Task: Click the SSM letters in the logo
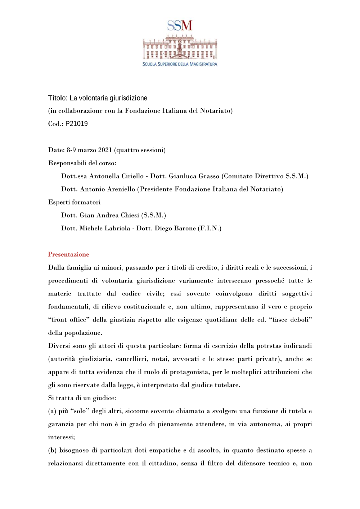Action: click(x=180, y=26)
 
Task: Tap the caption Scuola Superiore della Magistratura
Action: click(x=180, y=64)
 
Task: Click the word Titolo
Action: click(x=57, y=98)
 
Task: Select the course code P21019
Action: click(x=76, y=124)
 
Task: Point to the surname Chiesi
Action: click(x=130, y=215)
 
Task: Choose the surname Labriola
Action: click(x=116, y=228)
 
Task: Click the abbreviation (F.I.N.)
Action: click(x=210, y=228)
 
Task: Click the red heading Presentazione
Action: click(x=68, y=254)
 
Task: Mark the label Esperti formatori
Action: click(x=74, y=202)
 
